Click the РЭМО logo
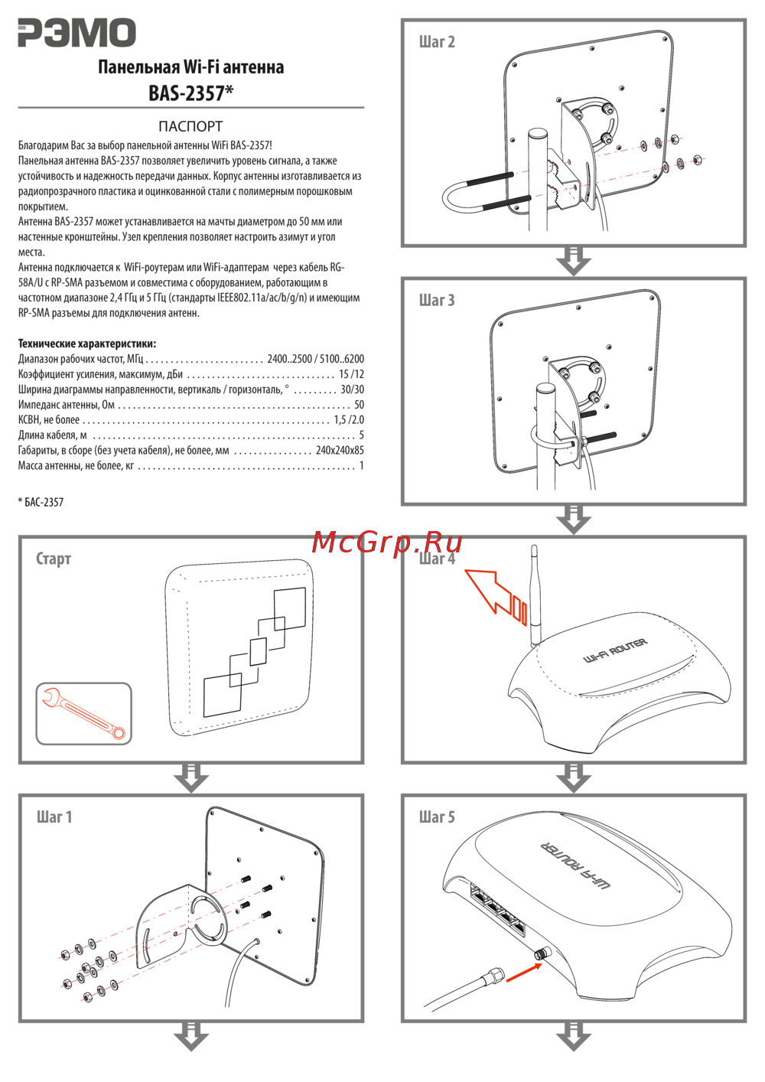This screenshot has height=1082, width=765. (x=76, y=34)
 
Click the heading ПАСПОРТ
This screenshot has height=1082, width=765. (x=190, y=126)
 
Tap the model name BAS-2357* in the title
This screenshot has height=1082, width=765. (x=190, y=93)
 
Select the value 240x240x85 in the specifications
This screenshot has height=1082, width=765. (x=340, y=451)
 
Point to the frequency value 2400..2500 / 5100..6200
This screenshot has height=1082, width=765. (x=315, y=359)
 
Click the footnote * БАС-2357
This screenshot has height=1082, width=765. (x=41, y=503)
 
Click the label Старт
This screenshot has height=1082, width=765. (x=54, y=559)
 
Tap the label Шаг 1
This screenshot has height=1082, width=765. (x=54, y=817)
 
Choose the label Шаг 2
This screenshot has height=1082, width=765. (x=437, y=42)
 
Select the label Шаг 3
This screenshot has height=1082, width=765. (x=437, y=301)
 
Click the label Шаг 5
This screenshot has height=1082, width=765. (x=437, y=817)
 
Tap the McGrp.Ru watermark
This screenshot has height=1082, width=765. (x=387, y=542)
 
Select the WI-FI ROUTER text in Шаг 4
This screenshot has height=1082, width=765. (x=615, y=650)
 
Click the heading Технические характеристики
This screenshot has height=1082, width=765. (x=87, y=344)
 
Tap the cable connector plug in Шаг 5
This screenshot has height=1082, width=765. (x=493, y=976)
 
